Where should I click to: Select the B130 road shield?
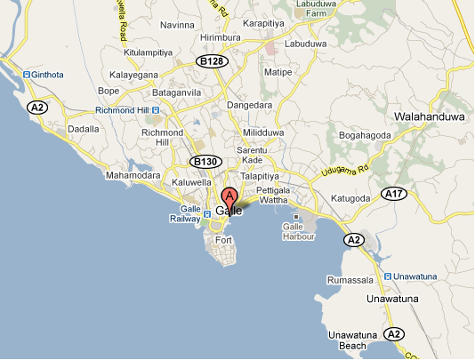coord(205,161)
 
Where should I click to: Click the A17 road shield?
coord(393,193)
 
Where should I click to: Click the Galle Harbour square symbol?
coord(294,216)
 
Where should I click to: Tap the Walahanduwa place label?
coord(431,115)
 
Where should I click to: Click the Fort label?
coord(223,241)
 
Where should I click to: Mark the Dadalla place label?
coord(83,130)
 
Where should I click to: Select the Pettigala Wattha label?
coord(275,196)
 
